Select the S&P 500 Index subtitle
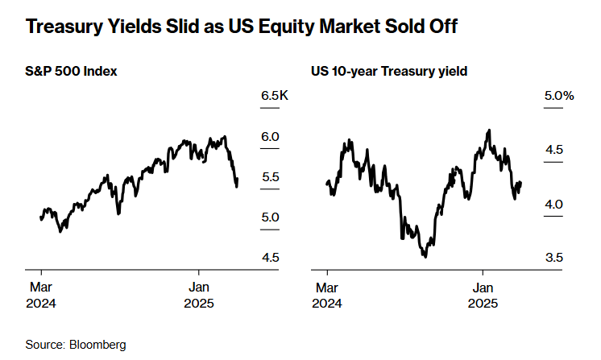(x=72, y=72)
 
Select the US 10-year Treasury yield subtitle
(x=389, y=72)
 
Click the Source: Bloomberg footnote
(x=76, y=345)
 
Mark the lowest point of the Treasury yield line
(x=424, y=256)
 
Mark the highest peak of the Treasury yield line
(x=489, y=129)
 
